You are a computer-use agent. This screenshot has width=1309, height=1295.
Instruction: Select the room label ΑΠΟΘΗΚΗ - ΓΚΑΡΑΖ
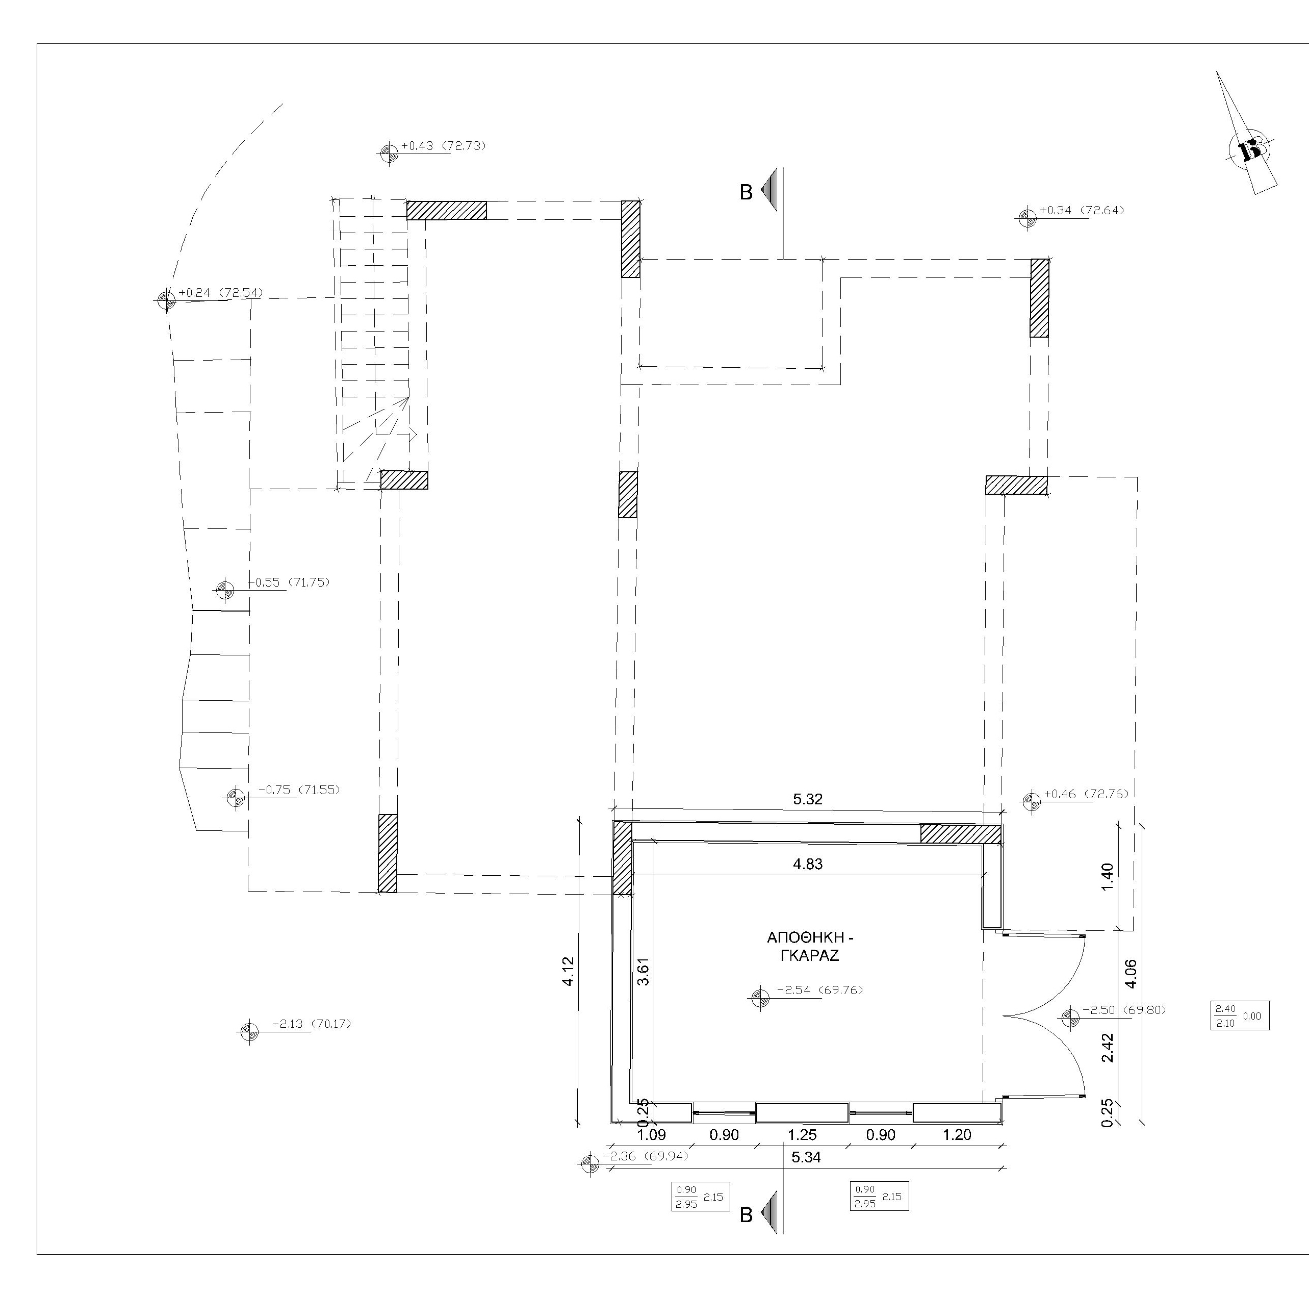pos(810,947)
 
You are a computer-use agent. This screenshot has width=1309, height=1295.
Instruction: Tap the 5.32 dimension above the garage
pos(808,799)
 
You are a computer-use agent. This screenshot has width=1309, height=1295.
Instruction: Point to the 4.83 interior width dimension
pos(808,864)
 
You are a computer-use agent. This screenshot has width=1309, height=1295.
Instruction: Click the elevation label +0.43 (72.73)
pos(443,146)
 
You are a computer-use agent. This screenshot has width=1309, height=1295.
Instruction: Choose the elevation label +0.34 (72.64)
pos(1082,210)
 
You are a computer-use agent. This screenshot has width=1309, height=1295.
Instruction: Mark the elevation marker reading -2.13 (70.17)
pos(312,1024)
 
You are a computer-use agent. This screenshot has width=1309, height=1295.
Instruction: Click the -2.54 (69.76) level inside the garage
pos(820,990)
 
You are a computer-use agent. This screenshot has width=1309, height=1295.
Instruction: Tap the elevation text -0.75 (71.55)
pos(299,790)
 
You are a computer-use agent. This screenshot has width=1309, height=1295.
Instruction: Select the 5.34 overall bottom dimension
pos(806,1157)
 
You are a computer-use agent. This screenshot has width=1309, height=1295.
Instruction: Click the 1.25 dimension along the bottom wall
pos(802,1134)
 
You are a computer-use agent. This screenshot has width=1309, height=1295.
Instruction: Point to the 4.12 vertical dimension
pos(569,971)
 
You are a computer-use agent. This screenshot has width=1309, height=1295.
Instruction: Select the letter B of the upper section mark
pos(746,192)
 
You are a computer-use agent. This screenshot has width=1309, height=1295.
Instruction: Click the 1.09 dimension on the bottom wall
pos(652,1134)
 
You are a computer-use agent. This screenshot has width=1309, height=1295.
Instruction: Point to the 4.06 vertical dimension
pos(1130,974)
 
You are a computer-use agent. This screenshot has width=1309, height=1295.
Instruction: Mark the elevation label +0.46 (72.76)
pos(1087,794)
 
